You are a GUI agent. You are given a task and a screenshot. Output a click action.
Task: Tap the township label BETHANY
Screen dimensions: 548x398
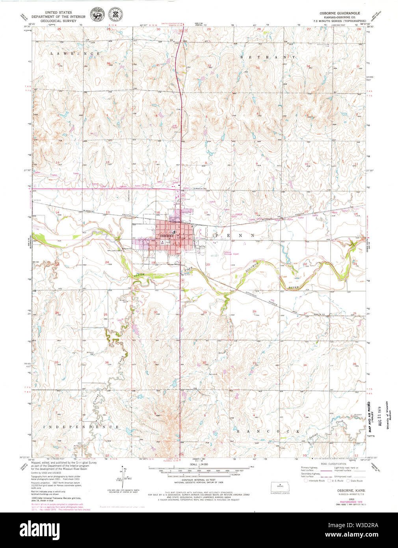click(x=268, y=57)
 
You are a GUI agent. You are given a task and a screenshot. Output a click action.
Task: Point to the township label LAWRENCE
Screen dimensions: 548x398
click(x=74, y=53)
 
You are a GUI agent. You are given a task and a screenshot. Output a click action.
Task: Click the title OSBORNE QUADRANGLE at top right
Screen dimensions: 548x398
click(x=340, y=13)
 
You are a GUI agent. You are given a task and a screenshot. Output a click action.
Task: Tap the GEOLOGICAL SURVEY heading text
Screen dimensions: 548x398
click(x=58, y=22)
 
